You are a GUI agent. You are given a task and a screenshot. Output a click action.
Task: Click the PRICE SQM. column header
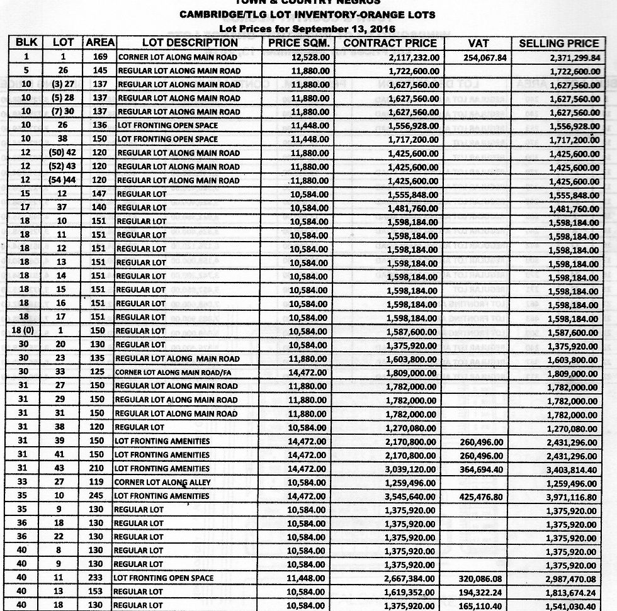tap(298, 43)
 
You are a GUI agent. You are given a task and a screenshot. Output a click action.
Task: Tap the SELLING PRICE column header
tap(558, 43)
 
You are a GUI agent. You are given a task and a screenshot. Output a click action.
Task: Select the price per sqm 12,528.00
tap(310, 57)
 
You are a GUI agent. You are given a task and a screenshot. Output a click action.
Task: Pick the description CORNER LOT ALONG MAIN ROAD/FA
tap(178, 373)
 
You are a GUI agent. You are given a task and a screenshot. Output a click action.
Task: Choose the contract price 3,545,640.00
tap(411, 496)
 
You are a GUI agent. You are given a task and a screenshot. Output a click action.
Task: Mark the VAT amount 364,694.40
tap(480, 469)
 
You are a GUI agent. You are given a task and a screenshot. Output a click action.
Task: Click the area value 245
tap(99, 496)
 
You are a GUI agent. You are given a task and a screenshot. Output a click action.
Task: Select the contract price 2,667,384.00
tap(411, 578)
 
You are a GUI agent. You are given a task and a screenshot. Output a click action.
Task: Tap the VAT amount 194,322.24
tap(480, 592)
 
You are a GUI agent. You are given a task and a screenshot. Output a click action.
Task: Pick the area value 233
tap(99, 578)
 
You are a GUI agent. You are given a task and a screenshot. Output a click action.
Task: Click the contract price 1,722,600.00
tap(411, 70)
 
